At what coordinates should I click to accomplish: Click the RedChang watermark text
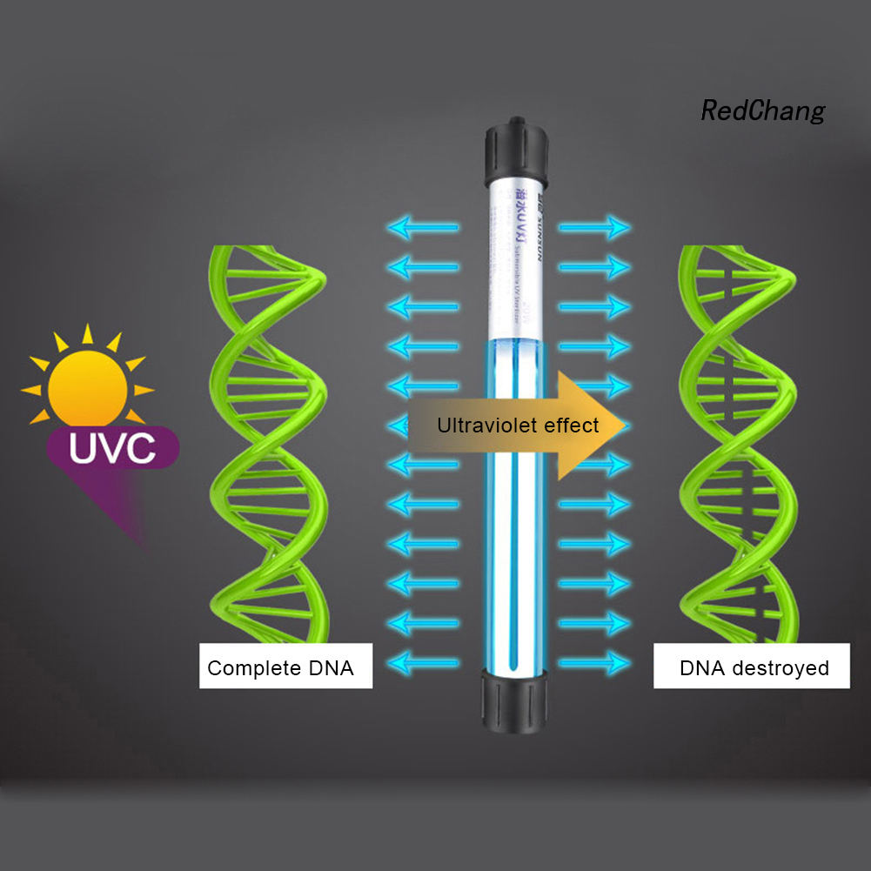(x=762, y=111)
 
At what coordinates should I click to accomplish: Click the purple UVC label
(x=112, y=449)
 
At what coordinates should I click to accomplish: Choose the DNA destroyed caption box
(x=751, y=668)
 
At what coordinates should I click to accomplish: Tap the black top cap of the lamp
(x=517, y=153)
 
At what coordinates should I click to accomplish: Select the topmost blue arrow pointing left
(x=423, y=228)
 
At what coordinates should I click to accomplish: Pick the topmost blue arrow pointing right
(x=594, y=228)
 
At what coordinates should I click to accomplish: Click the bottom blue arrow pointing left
(x=423, y=661)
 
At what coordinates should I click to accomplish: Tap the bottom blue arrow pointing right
(x=594, y=661)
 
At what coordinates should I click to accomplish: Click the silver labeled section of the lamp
(x=516, y=261)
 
